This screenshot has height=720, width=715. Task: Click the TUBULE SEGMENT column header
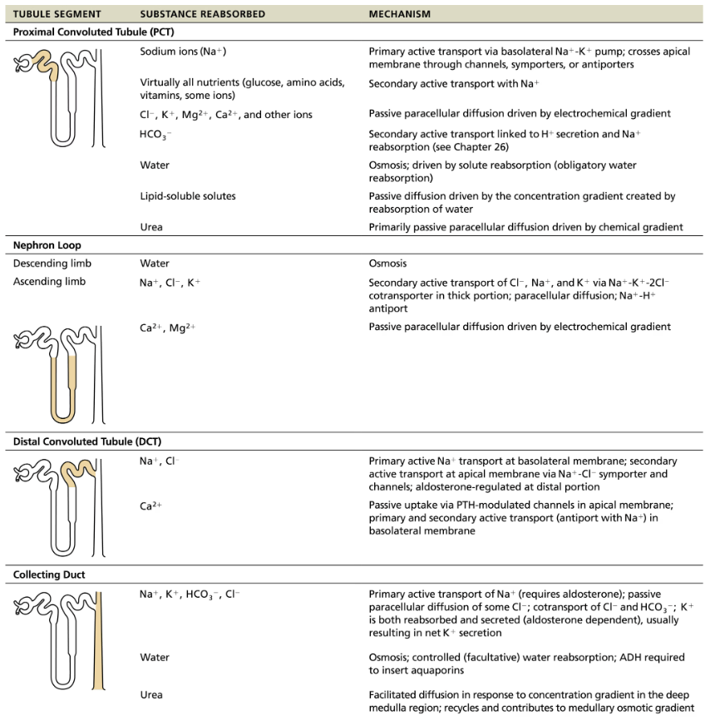[x=57, y=14]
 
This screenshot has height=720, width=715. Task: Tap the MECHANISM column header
[x=400, y=14]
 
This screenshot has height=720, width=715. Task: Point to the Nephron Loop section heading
[x=47, y=246]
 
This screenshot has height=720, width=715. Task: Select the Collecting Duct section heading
[x=49, y=575]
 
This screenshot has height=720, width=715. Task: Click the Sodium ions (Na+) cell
[x=183, y=52]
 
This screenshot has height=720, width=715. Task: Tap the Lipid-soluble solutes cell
[x=188, y=196]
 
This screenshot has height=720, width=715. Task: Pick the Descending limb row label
[x=52, y=264]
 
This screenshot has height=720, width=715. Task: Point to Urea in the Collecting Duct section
[x=151, y=694]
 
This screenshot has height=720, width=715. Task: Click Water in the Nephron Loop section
[x=155, y=264]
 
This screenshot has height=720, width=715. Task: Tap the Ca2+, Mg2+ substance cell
[x=168, y=327]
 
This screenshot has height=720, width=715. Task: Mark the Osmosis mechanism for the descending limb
[x=387, y=264]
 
